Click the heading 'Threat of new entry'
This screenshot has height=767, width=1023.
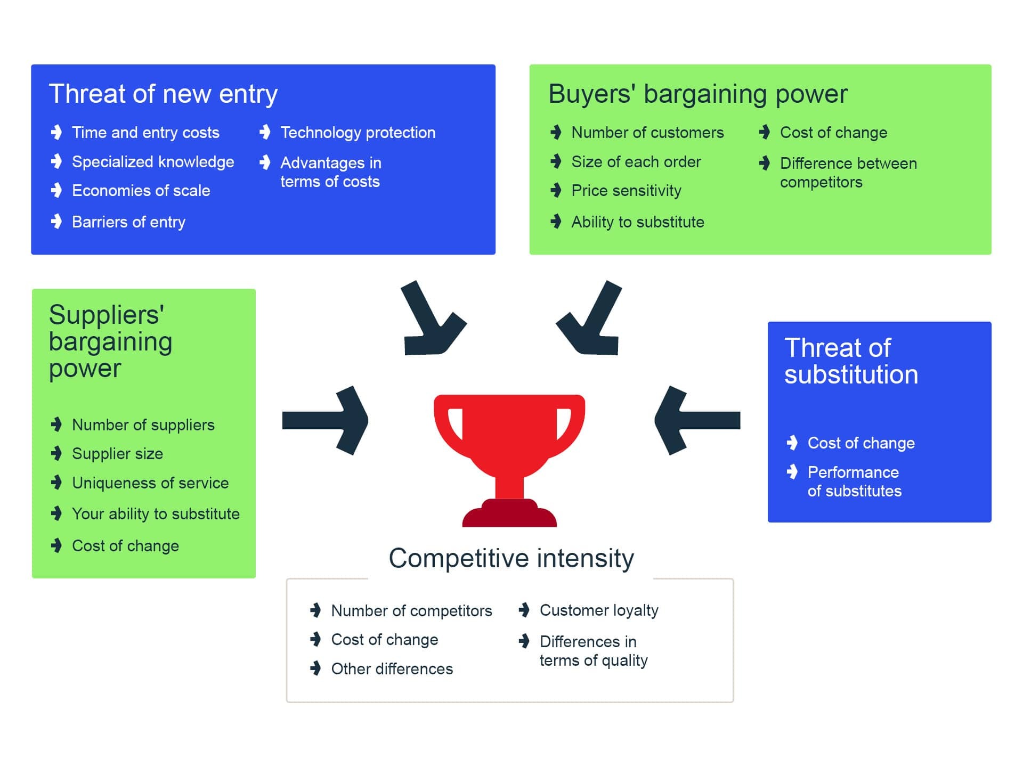(x=163, y=94)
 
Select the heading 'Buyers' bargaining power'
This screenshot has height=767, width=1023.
(x=698, y=94)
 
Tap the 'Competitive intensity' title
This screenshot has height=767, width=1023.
(x=511, y=559)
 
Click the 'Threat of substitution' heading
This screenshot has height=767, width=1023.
(x=851, y=361)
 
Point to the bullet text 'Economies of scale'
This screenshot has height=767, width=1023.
(x=141, y=191)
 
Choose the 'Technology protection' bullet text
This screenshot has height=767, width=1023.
(x=358, y=133)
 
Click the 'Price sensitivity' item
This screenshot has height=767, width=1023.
(x=627, y=191)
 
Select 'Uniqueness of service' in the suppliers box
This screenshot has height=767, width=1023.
(x=150, y=483)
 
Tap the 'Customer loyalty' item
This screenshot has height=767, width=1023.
(x=599, y=610)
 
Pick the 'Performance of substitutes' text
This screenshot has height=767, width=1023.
(x=855, y=482)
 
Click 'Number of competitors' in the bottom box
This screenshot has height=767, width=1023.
(x=411, y=611)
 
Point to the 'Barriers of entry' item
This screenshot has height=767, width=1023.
(x=128, y=222)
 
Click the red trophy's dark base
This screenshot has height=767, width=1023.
(x=509, y=513)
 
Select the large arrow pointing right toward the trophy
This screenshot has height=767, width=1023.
(x=326, y=420)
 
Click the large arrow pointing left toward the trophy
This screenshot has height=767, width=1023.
(x=697, y=420)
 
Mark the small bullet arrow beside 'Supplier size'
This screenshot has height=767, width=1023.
(x=56, y=453)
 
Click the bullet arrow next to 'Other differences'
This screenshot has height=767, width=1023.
(x=316, y=668)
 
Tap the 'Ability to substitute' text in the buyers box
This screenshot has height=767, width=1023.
(x=638, y=222)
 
